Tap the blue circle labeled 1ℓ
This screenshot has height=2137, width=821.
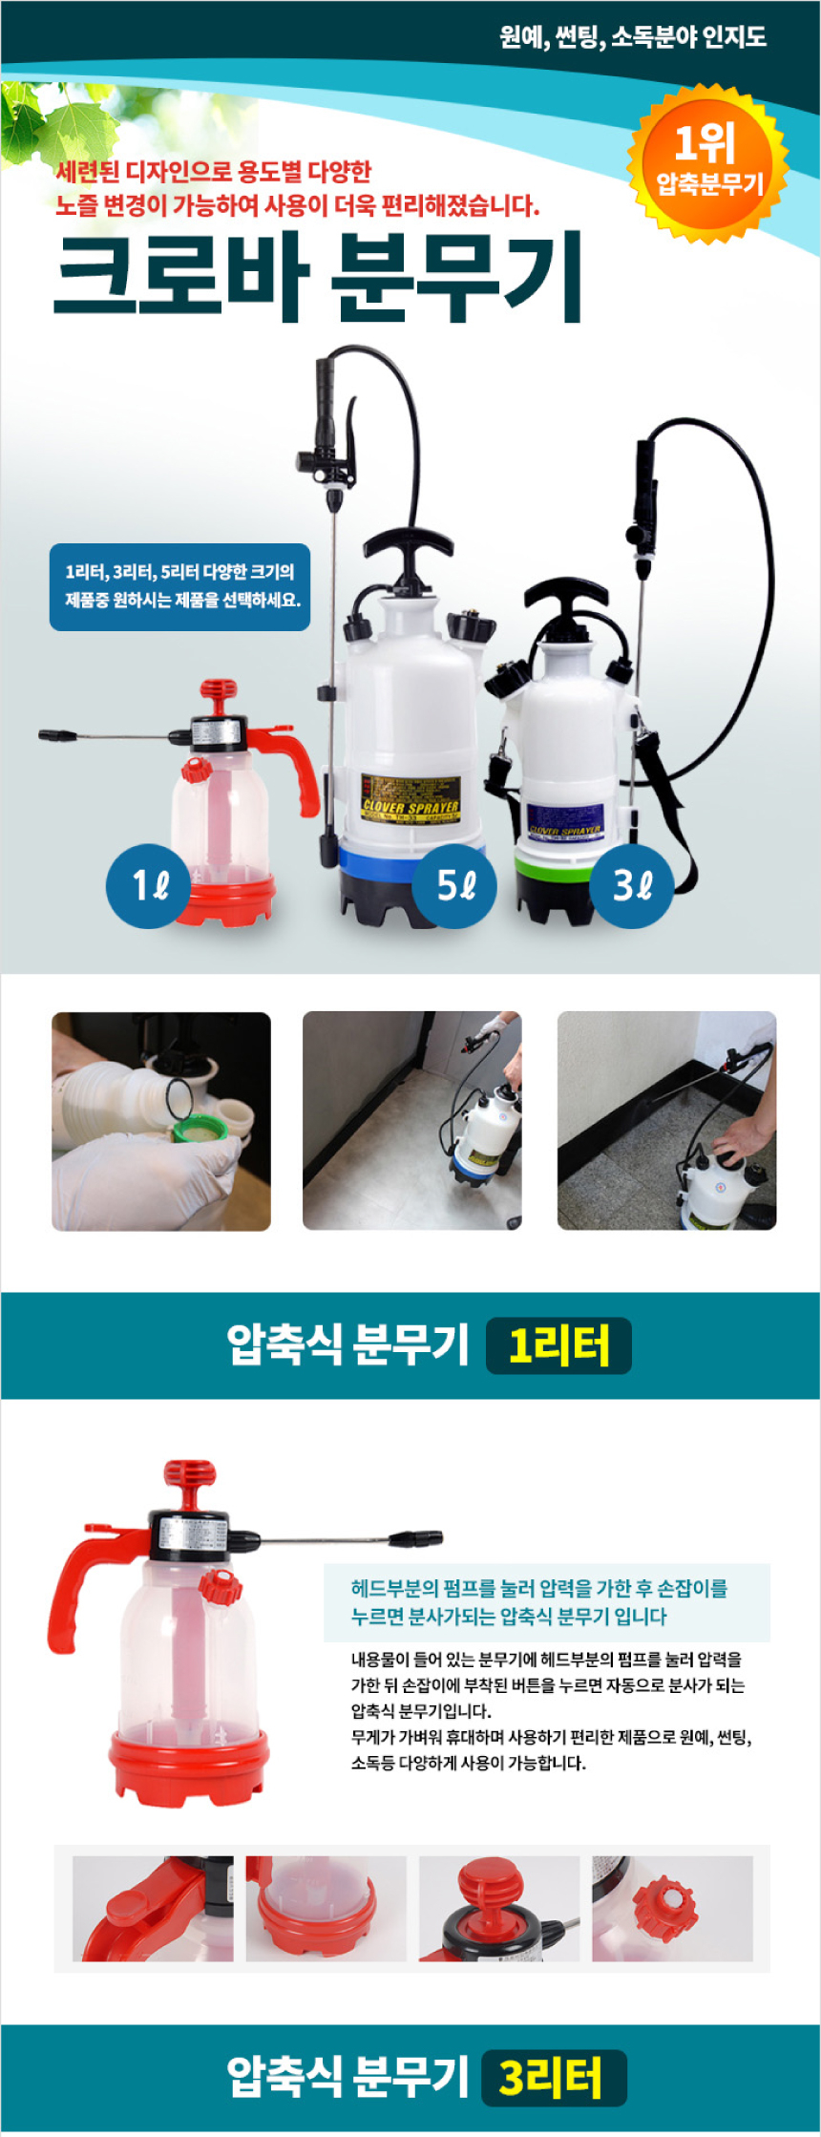148,885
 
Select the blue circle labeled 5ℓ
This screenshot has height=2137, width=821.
454,885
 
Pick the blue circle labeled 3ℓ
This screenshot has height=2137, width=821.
631,885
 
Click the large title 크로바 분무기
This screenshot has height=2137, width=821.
318,276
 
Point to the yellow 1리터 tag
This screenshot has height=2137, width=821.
558,1345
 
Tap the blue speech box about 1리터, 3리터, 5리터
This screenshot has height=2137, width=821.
179,586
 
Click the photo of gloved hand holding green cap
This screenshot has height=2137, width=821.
160,1121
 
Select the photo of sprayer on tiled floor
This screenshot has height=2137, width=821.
411,1121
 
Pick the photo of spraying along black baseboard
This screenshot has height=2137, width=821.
666,1121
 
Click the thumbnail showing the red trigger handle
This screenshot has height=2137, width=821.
153,1908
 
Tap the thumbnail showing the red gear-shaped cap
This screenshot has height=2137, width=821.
672,1908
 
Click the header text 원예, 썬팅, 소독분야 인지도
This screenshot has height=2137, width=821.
633,37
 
